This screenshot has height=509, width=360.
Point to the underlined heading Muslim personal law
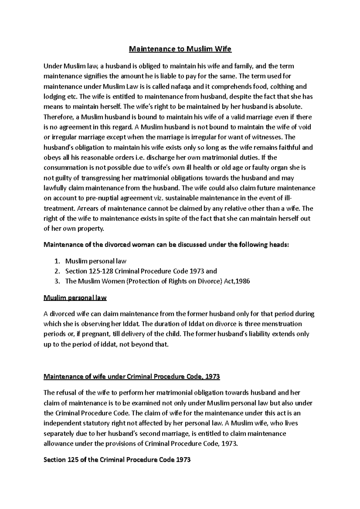coord(75,298)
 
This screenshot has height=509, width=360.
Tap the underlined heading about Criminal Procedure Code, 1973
coord(132,377)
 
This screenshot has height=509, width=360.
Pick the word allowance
coord(59,444)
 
